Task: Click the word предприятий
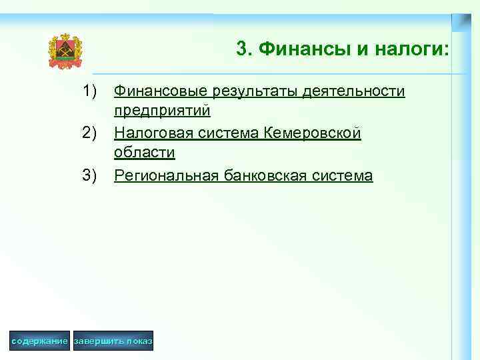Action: [x=162, y=109]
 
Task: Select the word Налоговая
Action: [x=153, y=133]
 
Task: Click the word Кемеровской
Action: [x=313, y=133]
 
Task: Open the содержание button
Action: [x=40, y=341]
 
